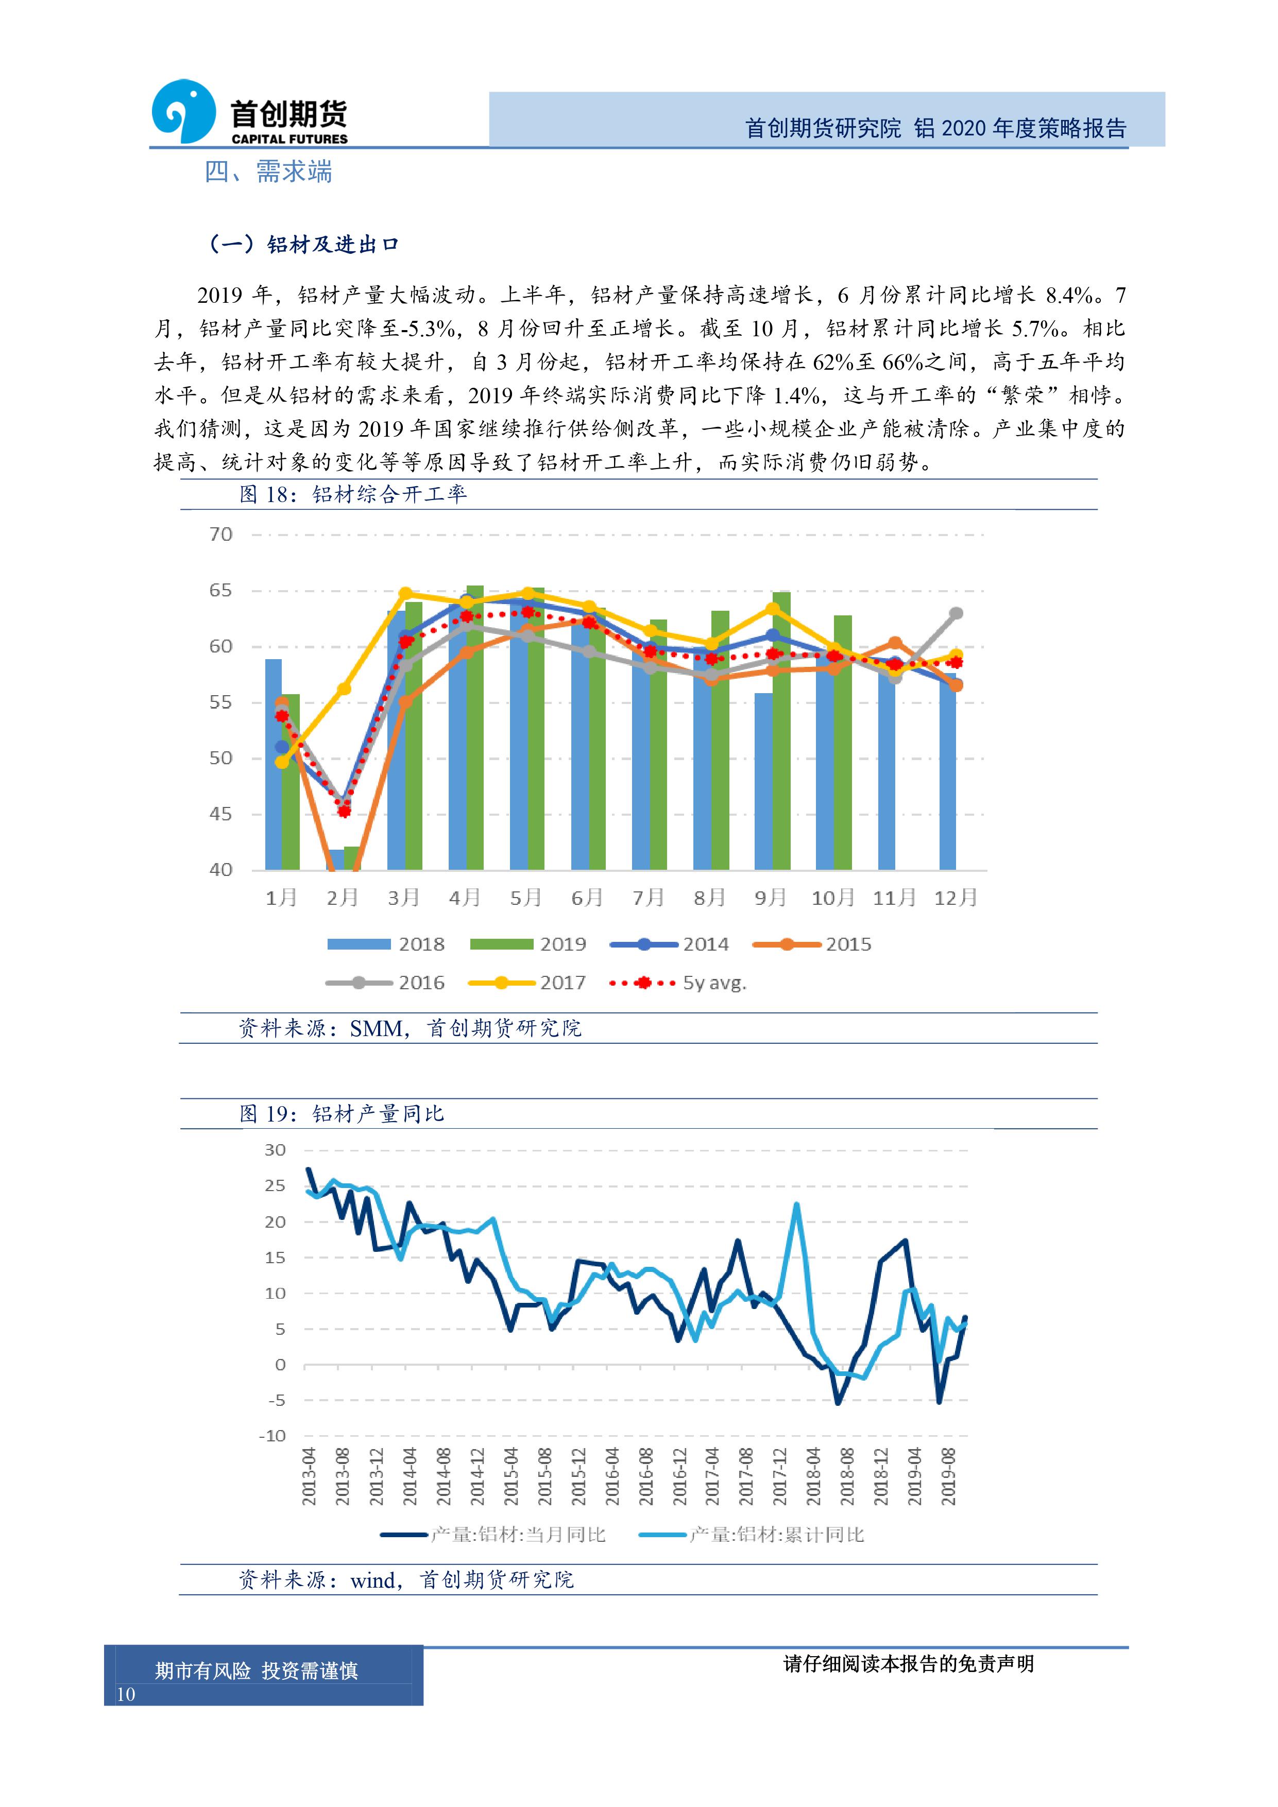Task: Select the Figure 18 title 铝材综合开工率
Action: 390,494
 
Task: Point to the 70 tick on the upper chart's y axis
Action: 220,535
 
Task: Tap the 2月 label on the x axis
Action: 343,897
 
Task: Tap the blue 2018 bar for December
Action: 947,771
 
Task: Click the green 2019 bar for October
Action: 843,742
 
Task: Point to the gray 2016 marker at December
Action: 956,613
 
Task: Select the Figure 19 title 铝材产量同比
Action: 378,1114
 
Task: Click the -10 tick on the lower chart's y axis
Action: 272,1436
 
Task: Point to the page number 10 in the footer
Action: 126,1694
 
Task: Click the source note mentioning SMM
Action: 410,1028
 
